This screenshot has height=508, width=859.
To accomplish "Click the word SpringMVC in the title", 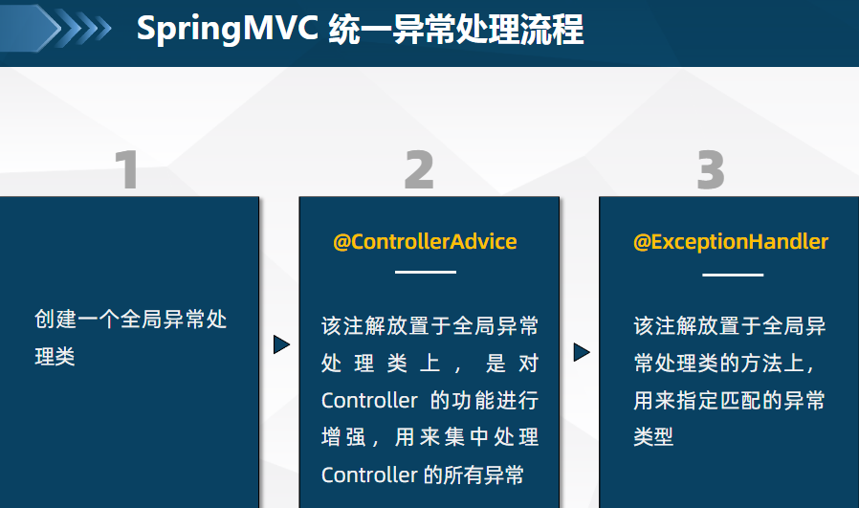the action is coord(228,29).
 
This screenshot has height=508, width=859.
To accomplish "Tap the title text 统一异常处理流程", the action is coord(455,29).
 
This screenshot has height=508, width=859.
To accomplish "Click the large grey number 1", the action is coord(127,170).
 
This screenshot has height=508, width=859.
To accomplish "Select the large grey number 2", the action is coord(419,170).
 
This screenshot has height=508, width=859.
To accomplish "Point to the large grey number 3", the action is coord(711,170).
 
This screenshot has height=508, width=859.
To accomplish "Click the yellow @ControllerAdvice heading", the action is coord(425,242).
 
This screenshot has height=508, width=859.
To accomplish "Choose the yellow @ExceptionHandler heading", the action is coord(731,242).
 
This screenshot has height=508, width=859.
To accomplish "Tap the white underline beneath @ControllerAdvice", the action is coord(426,272).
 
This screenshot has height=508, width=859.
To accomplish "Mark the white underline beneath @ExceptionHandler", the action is coord(733,275).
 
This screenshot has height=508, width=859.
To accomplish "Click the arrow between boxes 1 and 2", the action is coord(281,344).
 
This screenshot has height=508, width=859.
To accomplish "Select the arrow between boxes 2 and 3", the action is coord(582,352).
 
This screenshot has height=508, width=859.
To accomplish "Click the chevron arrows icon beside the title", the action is coord(55,28).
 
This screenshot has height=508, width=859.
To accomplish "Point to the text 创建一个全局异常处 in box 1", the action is coord(131,320).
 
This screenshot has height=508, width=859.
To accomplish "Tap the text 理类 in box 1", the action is coord(55,357).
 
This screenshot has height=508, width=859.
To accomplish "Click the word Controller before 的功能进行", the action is coord(369,401).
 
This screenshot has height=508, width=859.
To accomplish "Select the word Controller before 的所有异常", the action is coord(369,475).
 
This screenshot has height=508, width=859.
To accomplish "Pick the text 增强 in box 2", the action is coord(343,437).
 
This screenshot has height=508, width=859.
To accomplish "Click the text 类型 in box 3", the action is coord(653,437).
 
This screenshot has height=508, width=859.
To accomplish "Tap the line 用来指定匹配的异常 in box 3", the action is coord(729,401).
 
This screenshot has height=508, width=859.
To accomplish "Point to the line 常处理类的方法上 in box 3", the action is coord(724,364).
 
